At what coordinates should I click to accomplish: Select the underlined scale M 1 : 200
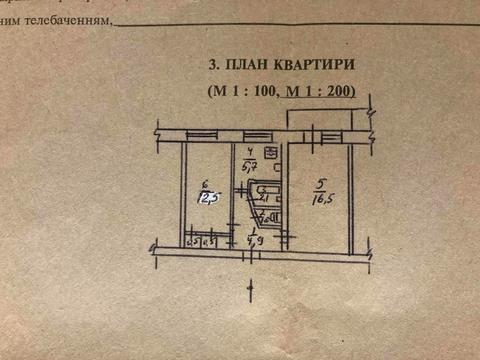coord(322,92)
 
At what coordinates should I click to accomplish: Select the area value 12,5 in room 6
coord(207,197)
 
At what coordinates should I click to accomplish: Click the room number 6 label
coord(204,183)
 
